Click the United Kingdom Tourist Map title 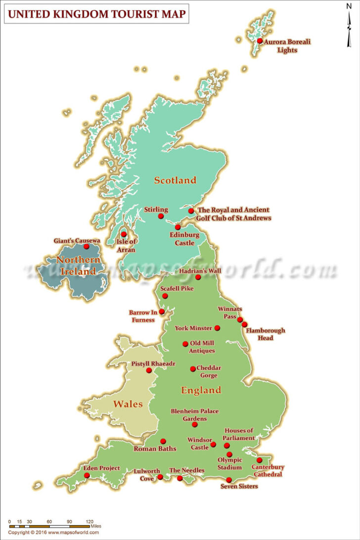tap(96, 15)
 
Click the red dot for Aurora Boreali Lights tap(260, 41)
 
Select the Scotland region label tap(175, 180)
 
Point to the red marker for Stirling tap(161, 217)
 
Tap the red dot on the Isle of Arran tap(124, 234)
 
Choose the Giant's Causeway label tap(77, 241)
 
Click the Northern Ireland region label tap(78, 266)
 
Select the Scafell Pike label tap(177, 288)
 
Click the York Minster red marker tap(217, 328)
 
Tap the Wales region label tap(128, 404)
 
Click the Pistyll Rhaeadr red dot tap(149, 370)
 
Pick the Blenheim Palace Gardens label tap(194, 414)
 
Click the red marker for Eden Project tap(87, 475)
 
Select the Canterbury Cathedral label tap(268, 470)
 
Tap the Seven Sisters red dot tap(229, 480)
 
